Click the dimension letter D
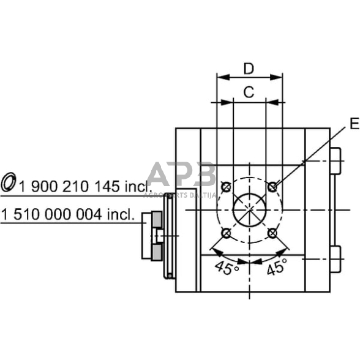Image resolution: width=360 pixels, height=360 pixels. (249, 68)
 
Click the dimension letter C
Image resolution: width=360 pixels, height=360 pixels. (249, 92)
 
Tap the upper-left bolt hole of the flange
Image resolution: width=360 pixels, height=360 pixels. (226, 185)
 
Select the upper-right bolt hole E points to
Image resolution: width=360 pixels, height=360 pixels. (272, 185)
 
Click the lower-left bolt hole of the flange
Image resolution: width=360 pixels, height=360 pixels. (226, 232)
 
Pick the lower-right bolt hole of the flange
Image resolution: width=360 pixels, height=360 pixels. (272, 232)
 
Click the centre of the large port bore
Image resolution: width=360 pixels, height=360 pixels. (249, 209)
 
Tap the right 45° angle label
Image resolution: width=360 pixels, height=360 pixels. (276, 267)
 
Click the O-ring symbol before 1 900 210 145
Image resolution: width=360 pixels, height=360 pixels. (9, 182)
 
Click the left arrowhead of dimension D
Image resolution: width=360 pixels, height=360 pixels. (220, 78)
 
